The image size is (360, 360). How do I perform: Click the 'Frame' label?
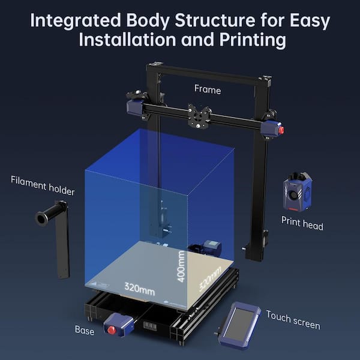(x=208, y=89)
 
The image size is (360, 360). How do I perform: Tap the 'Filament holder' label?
(x=43, y=186)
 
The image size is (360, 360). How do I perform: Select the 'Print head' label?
(x=302, y=226)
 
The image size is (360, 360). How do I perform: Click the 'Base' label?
(x=84, y=330)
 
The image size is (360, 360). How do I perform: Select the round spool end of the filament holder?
(x=42, y=218)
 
